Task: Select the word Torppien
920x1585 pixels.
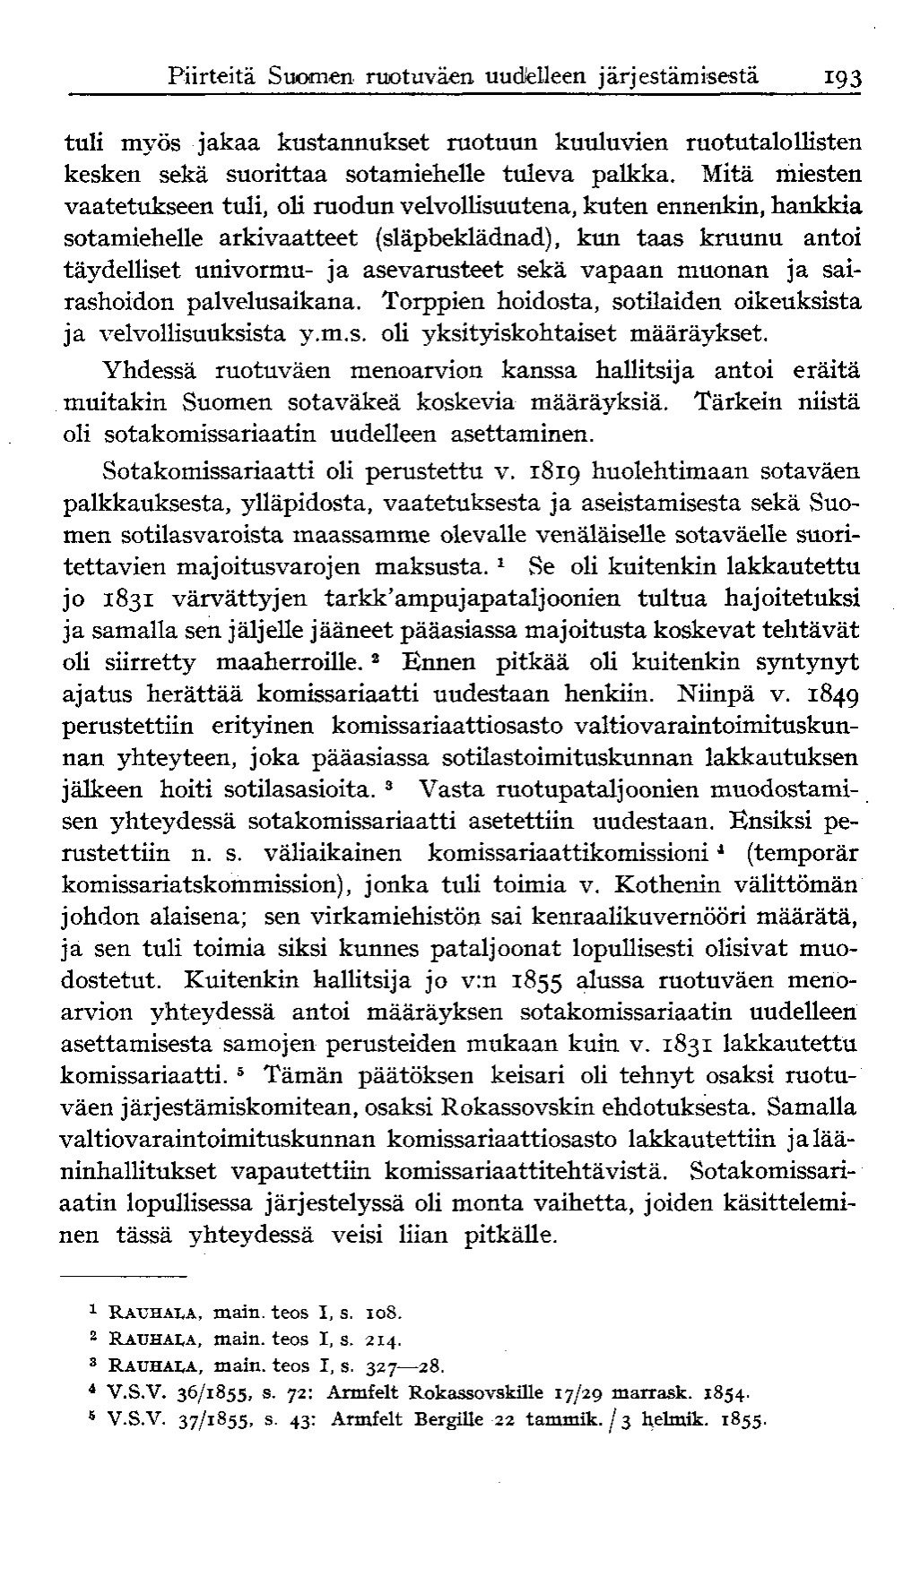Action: pos(430,302)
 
